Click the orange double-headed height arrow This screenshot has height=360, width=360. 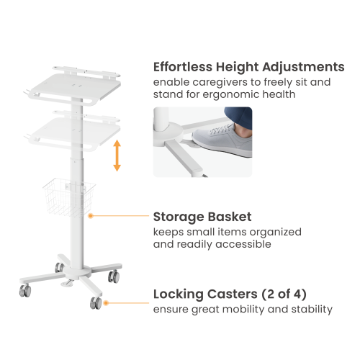click(117, 156)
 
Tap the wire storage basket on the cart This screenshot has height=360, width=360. click(69, 197)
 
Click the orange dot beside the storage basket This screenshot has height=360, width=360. click(91, 216)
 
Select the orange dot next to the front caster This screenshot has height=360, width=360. click(106, 303)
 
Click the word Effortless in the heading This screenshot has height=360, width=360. click(183, 67)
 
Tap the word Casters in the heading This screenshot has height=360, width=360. click(233, 294)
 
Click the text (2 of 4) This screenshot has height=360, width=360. click(284, 294)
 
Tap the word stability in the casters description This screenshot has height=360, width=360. click(312, 310)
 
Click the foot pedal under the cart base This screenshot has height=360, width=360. click(68, 283)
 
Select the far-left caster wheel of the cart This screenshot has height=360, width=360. click(25, 290)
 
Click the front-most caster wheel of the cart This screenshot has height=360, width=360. click(96, 303)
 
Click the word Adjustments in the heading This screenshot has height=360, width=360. click(303, 67)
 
